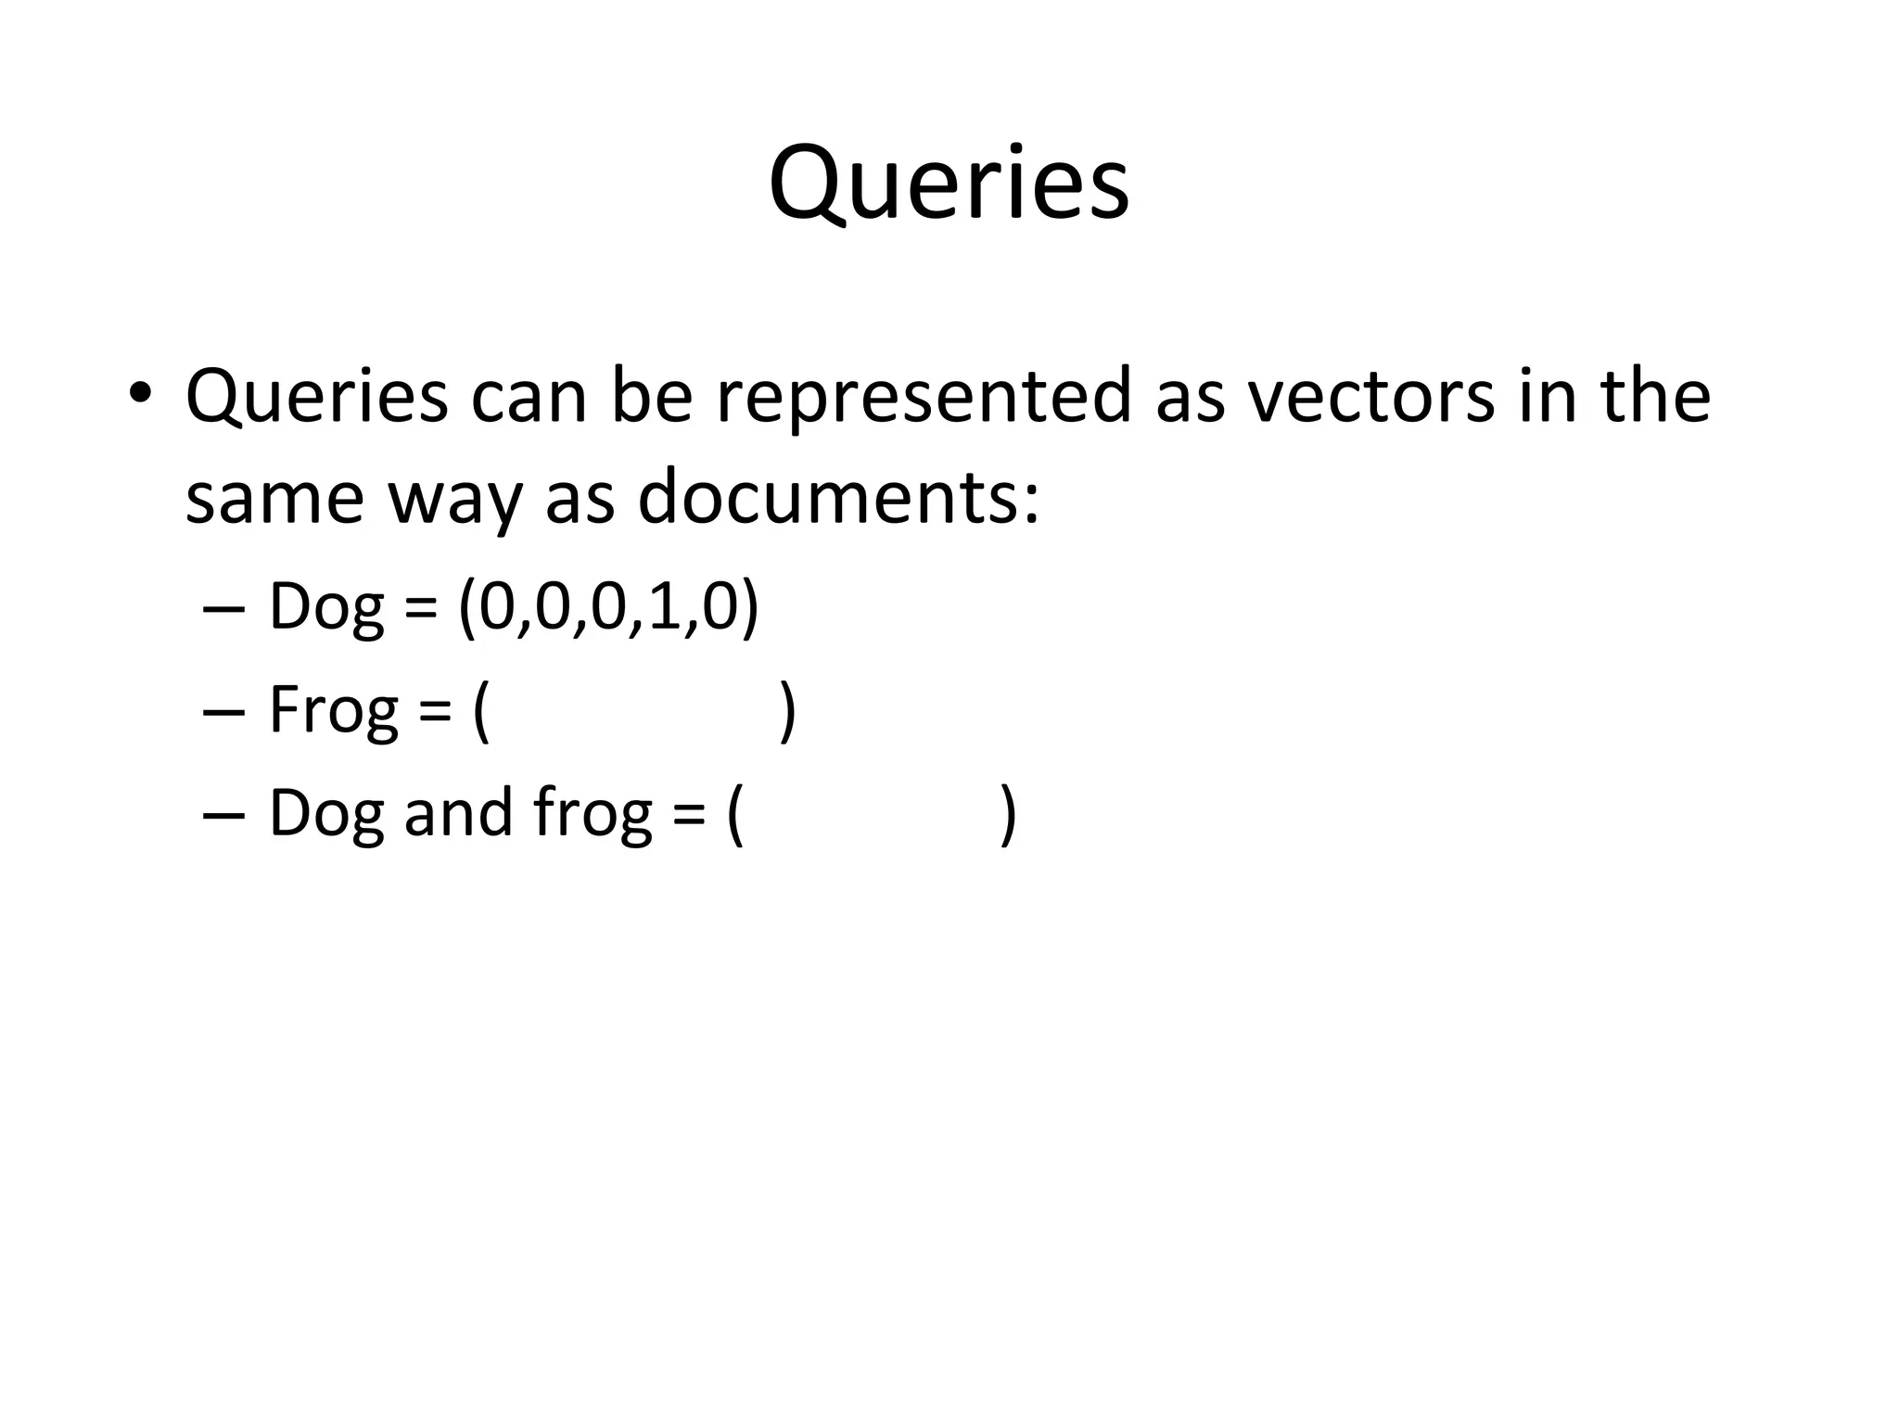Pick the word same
pyautogui.click(x=274, y=498)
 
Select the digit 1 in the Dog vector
pyautogui.click(x=663, y=607)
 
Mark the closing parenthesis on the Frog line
pyautogui.click(x=787, y=712)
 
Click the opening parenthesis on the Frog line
pyautogui.click(x=481, y=712)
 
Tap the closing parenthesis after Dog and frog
pyautogui.click(x=1009, y=814)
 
